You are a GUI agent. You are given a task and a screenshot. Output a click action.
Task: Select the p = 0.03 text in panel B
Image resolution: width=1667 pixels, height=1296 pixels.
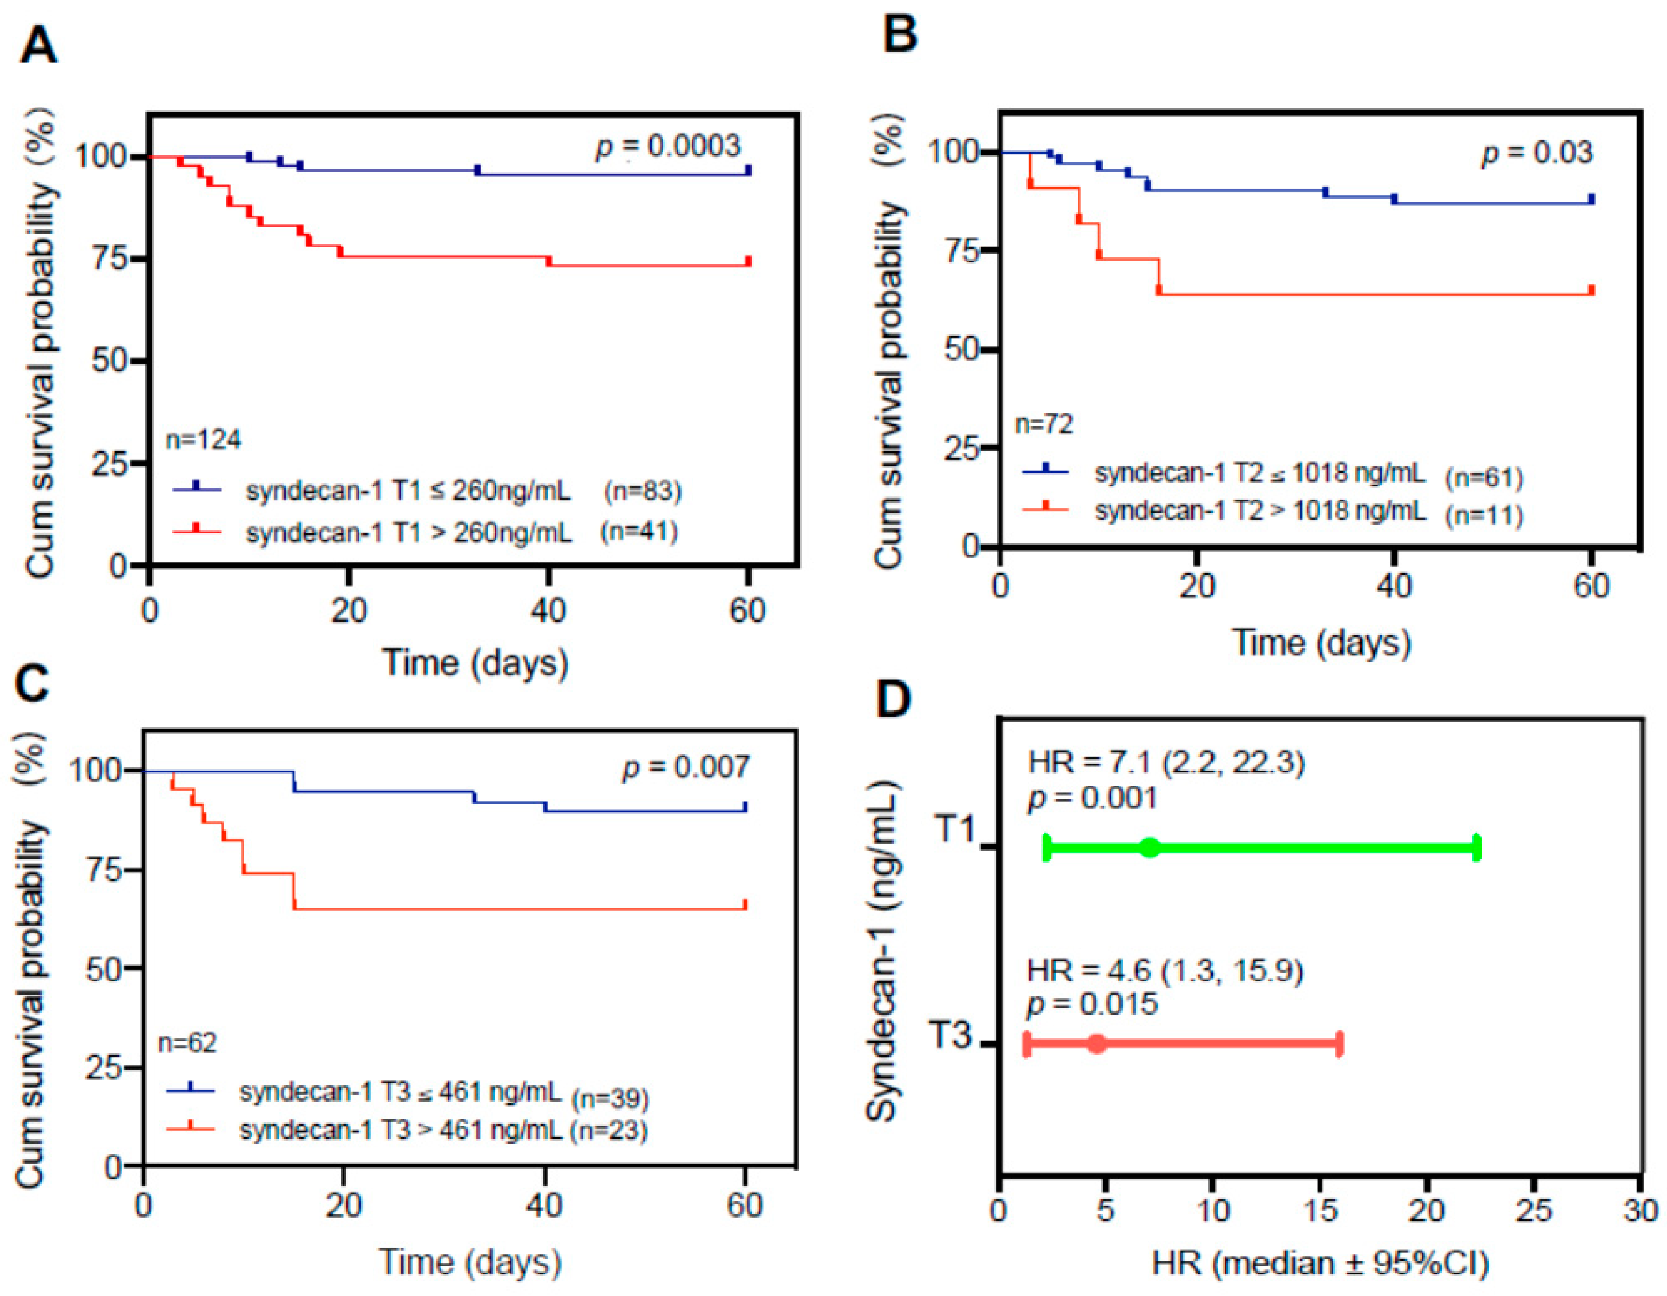click(x=1537, y=152)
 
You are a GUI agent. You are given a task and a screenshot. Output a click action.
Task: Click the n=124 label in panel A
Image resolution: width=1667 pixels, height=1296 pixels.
click(x=203, y=440)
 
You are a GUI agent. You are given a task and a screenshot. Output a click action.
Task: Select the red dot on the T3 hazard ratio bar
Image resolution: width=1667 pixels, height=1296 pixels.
click(x=1097, y=1044)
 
